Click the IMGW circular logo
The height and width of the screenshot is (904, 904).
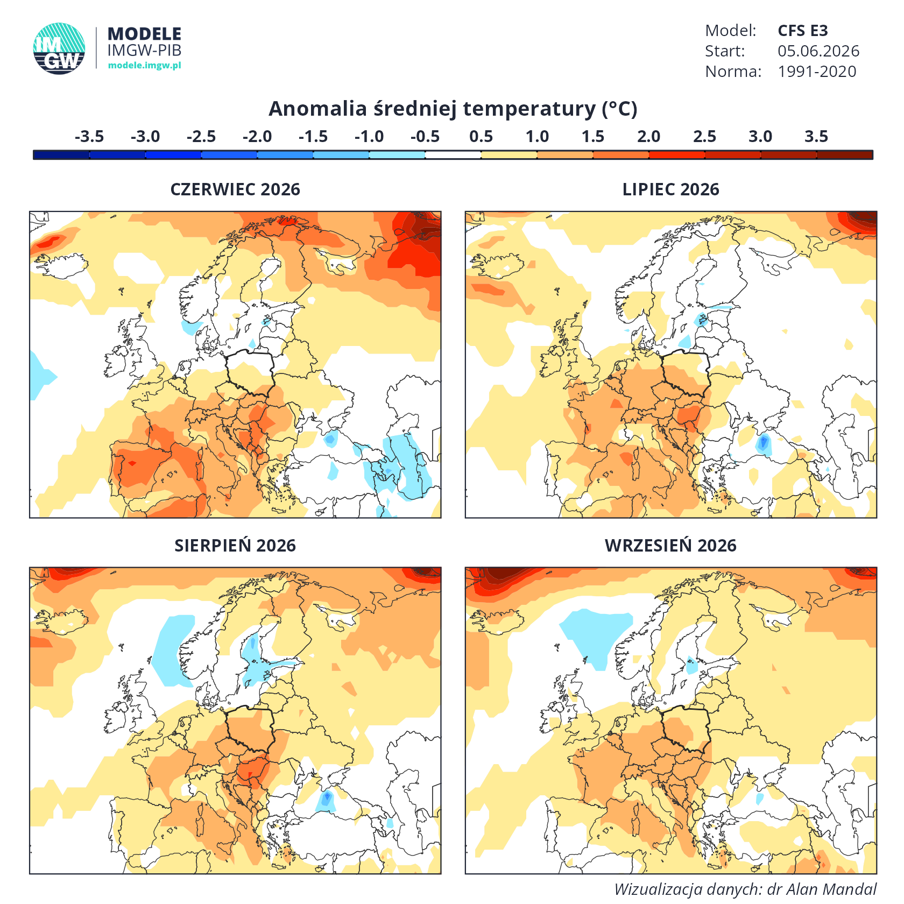point(59,48)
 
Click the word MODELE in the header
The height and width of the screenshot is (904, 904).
point(144,34)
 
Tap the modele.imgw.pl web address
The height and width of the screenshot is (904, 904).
point(144,65)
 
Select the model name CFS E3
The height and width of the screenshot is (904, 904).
point(802,31)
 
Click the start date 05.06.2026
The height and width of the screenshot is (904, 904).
point(818,51)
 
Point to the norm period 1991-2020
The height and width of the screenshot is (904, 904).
point(817,72)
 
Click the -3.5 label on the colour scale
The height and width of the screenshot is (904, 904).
point(89,137)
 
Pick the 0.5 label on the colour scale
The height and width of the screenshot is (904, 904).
point(481,137)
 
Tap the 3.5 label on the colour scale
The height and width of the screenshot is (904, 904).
point(816,137)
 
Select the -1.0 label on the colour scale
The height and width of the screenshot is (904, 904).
point(369,137)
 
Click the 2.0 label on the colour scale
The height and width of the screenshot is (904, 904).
point(648,137)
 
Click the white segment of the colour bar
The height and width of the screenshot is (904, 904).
point(453,155)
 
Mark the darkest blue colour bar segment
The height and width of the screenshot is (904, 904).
point(61,155)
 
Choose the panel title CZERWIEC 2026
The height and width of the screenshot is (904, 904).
point(235,189)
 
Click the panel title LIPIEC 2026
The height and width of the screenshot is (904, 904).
point(670,189)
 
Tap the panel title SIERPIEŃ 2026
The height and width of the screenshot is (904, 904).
point(235,545)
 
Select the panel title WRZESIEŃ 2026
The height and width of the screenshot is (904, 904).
point(670,545)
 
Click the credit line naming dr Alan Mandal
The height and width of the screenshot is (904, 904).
point(745,889)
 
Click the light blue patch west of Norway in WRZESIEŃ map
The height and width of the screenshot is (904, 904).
point(595,635)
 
